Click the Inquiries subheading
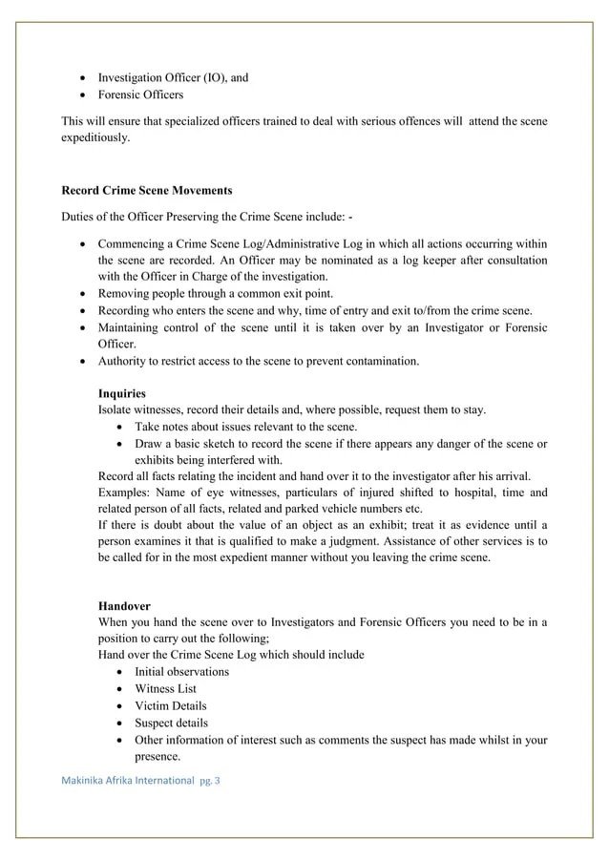(122, 393)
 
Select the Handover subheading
(124, 605)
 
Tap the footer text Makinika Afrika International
(128, 780)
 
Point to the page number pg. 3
(209, 780)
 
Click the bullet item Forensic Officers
(140, 94)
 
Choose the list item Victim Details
(171, 705)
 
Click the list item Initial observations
(181, 671)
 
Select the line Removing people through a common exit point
(215, 293)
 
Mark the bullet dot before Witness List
(117, 688)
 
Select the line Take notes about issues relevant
(245, 427)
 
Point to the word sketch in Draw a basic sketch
(226, 443)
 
